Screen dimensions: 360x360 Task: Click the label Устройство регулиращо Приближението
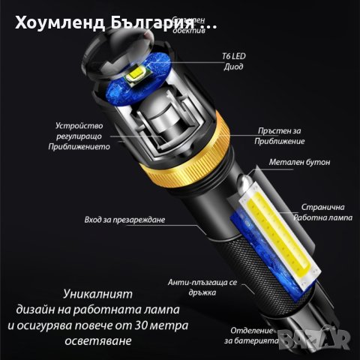(82, 136)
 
